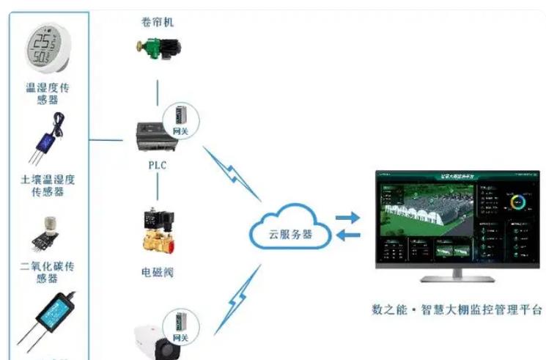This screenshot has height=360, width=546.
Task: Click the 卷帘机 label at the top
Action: tap(158, 21)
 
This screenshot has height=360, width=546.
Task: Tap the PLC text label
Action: tap(157, 165)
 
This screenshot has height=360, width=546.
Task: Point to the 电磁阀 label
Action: tap(158, 272)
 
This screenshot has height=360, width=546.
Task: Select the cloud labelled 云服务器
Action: tap(288, 229)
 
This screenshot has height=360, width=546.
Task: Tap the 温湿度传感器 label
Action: tap(48, 94)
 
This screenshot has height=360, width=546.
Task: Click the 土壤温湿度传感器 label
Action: tap(48, 185)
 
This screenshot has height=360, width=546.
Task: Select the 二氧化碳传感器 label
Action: tap(48, 273)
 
